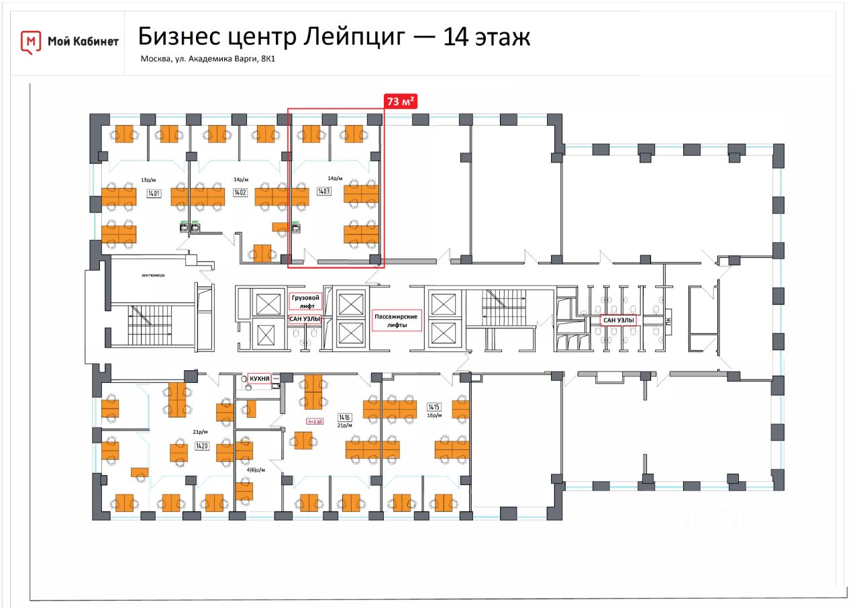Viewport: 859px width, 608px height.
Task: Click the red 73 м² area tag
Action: [400, 101]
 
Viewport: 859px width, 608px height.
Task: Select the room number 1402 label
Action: [240, 193]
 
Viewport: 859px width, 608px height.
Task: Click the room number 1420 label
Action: [201, 445]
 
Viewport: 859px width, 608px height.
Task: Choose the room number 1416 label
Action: [345, 417]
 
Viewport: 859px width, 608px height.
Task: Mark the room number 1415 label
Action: [434, 407]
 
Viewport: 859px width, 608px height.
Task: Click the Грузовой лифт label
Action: [306, 300]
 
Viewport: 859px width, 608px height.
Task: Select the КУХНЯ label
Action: [259, 379]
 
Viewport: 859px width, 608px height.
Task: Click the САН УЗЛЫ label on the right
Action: [618, 320]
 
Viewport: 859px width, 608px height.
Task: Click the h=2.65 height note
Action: [315, 422]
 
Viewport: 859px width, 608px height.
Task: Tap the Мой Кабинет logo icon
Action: [30, 42]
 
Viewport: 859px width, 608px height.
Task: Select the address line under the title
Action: [208, 59]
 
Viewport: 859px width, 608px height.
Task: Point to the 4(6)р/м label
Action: [256, 470]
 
